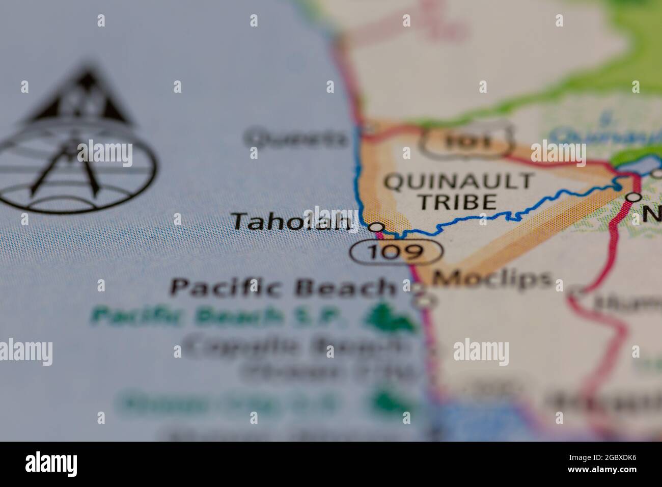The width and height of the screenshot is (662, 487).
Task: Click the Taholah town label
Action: coord(292,222)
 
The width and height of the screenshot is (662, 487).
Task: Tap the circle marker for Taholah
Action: coord(376,227)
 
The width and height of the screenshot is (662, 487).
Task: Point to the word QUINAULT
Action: coord(459,182)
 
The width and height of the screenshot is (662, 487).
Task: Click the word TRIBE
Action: coord(457,202)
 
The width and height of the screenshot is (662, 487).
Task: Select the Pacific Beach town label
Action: coord(283,287)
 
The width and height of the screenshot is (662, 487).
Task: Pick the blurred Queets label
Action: coord(295,138)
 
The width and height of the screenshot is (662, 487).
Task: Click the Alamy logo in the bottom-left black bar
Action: coord(51,464)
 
